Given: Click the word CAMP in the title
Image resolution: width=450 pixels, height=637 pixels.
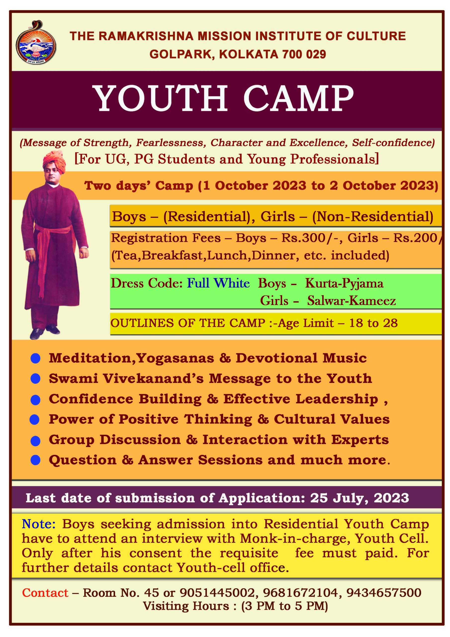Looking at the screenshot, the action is tap(299, 98).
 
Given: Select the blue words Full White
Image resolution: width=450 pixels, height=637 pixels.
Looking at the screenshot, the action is tap(218, 283).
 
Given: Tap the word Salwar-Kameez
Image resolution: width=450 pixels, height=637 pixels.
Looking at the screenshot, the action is tap(351, 301).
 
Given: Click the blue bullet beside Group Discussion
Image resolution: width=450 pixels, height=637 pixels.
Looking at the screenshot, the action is tap(36, 441).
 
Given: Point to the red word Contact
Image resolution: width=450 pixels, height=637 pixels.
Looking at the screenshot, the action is tap(45, 593).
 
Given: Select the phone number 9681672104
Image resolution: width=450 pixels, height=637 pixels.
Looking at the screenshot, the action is tap(300, 593).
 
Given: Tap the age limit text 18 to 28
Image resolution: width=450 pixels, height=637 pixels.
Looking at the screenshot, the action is tap(373, 323).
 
